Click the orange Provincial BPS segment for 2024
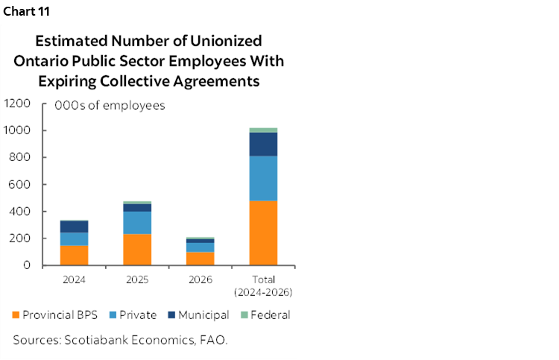tap(75, 255)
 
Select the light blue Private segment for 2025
tap(137, 222)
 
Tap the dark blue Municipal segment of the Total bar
tap(263, 144)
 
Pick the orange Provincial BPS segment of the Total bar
tap(263, 233)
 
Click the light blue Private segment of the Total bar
tap(263, 178)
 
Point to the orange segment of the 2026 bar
tap(200, 259)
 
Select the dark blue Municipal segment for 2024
tap(75, 227)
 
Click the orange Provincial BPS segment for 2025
tap(137, 250)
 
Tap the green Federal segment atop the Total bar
tap(263, 130)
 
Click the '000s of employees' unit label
tap(110, 106)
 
